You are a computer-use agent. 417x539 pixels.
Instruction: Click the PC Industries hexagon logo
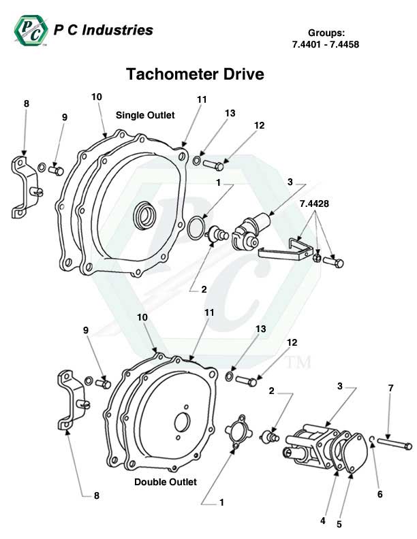click(x=30, y=31)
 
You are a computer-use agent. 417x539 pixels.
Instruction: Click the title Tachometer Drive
click(x=195, y=73)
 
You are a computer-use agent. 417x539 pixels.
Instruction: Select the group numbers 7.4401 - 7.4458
click(x=325, y=44)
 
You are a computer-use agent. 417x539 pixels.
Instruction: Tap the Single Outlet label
click(x=145, y=115)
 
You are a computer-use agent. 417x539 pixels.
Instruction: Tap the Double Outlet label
click(x=166, y=481)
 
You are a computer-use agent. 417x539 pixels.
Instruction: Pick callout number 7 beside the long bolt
click(x=390, y=388)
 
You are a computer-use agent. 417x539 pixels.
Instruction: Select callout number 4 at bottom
click(x=322, y=521)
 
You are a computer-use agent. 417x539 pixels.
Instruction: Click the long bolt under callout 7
click(x=393, y=445)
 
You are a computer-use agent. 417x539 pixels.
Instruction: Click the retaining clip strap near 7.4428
click(x=281, y=250)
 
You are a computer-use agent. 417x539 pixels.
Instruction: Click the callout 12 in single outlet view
click(x=259, y=125)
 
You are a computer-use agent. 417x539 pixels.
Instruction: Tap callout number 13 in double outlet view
click(x=260, y=329)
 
